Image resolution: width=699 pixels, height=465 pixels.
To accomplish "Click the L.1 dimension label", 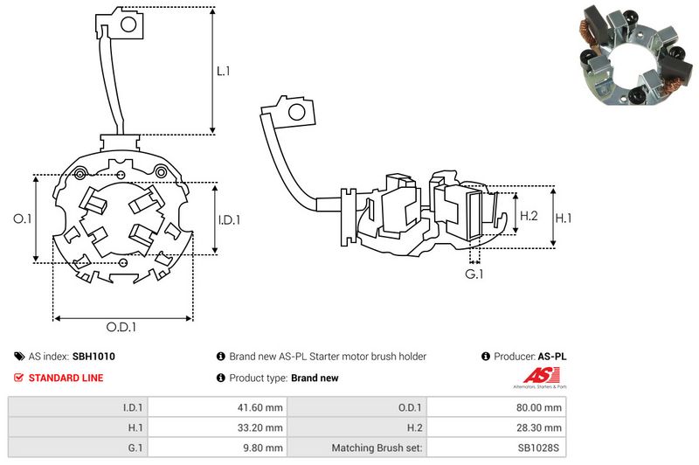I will click(224, 71).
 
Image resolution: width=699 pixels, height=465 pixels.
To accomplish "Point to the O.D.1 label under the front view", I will click(121, 328).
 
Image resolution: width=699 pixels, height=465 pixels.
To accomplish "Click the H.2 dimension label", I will click(529, 216).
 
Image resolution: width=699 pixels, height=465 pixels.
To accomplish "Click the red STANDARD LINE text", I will click(66, 378).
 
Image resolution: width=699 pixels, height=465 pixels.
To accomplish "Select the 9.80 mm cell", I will click(265, 448).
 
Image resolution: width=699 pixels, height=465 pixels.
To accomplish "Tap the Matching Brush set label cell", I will click(377, 448).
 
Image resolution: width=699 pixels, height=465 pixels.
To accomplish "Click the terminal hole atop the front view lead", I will click(126, 24).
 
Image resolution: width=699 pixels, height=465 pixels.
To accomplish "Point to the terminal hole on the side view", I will click(296, 113).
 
